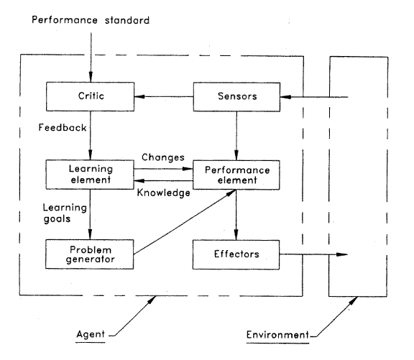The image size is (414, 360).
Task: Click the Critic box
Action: click(x=91, y=96)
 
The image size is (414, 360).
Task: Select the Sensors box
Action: click(x=237, y=97)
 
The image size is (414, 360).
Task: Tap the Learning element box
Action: click(x=90, y=175)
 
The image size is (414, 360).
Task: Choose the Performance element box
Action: click(x=236, y=175)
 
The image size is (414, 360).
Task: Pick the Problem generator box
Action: click(x=90, y=254)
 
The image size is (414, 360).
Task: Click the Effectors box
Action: click(x=236, y=254)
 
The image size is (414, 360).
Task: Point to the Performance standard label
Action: click(x=91, y=20)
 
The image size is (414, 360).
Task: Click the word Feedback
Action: click(x=63, y=127)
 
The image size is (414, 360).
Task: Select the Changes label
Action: click(x=163, y=157)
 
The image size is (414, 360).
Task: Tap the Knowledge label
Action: click(x=164, y=193)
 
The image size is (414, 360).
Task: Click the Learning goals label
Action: click(x=65, y=213)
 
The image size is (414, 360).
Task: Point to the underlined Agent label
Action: click(x=91, y=335)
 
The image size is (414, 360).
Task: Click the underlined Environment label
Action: click(x=277, y=335)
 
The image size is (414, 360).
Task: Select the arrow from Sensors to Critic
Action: click(x=164, y=96)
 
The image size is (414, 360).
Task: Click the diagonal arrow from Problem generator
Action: click(x=185, y=222)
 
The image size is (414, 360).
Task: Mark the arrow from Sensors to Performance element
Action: click(x=236, y=136)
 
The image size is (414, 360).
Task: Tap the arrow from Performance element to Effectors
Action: click(x=236, y=215)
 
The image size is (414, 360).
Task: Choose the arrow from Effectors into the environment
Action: click(x=313, y=254)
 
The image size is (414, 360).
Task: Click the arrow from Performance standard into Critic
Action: click(x=91, y=57)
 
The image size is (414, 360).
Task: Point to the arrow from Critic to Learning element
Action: click(x=91, y=135)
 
